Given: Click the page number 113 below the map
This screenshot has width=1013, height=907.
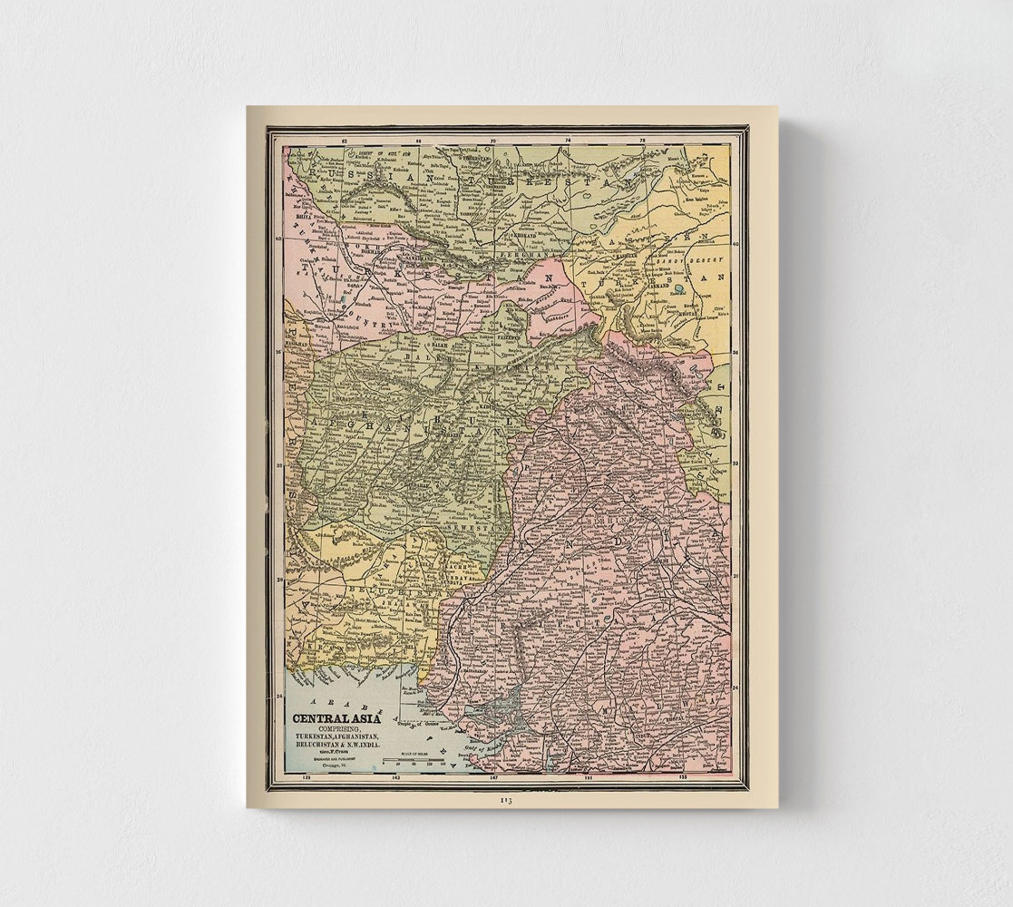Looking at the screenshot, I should [x=506, y=801].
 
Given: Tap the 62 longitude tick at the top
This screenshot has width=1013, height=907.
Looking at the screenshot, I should [x=344, y=141].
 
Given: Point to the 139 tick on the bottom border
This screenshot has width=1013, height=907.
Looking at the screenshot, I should [x=306, y=777].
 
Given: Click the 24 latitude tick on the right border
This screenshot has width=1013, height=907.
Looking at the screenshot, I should [x=735, y=687].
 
